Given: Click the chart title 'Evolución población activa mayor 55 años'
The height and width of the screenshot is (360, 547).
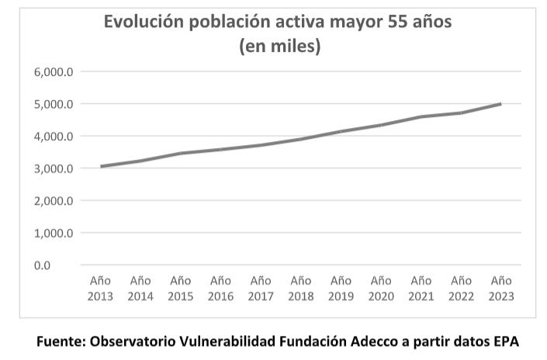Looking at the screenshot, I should pyautogui.click(x=278, y=22).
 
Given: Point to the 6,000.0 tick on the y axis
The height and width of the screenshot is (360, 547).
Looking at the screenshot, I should pyautogui.click(x=53, y=72).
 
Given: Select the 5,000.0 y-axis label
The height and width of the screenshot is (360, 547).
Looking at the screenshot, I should pyautogui.click(x=53, y=104).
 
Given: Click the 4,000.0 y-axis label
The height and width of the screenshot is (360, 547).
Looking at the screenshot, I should pyautogui.click(x=53, y=137).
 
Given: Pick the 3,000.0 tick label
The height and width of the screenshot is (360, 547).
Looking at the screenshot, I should pyautogui.click(x=53, y=168).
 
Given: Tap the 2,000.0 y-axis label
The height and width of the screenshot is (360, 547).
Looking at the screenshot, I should pyautogui.click(x=53, y=201).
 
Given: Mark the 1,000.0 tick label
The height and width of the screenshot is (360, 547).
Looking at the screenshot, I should pyautogui.click(x=53, y=233).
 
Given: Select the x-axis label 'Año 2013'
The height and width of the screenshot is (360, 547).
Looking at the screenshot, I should pyautogui.click(x=100, y=288).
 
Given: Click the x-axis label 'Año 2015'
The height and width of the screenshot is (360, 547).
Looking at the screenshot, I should pyautogui.click(x=180, y=288).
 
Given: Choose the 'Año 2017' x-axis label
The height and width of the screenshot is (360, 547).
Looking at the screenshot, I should pyautogui.click(x=261, y=288).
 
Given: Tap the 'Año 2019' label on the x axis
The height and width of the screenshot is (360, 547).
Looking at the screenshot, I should pyautogui.click(x=341, y=288).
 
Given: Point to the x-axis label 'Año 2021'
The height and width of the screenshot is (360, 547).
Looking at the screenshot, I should pyautogui.click(x=421, y=288).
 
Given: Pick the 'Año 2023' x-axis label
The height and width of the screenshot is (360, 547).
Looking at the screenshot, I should pyautogui.click(x=501, y=288).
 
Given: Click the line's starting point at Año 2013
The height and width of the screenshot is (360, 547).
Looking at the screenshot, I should pyautogui.click(x=101, y=166).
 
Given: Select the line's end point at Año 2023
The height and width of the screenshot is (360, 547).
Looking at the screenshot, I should pyautogui.click(x=500, y=104).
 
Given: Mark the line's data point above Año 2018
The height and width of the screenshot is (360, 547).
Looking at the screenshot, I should pyautogui.click(x=301, y=140).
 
